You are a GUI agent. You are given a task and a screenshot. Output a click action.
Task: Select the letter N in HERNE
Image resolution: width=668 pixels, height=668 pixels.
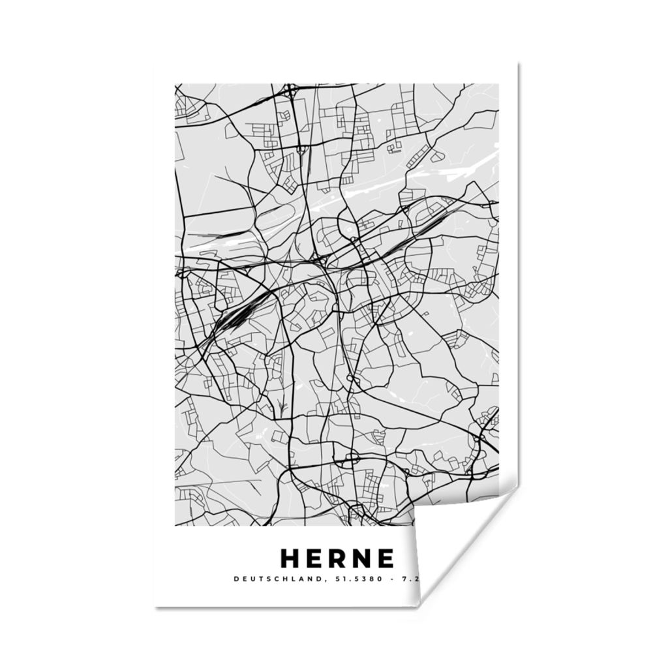[362, 558]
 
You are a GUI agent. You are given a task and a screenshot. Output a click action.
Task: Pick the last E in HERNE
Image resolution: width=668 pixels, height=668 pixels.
[386, 558]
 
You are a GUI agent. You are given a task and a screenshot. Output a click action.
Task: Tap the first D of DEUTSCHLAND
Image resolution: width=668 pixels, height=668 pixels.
[235, 579]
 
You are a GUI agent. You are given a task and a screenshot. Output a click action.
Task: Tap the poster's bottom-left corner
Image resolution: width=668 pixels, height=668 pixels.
[157, 605]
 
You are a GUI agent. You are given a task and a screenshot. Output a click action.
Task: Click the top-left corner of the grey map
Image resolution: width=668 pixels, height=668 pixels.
[175, 84]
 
